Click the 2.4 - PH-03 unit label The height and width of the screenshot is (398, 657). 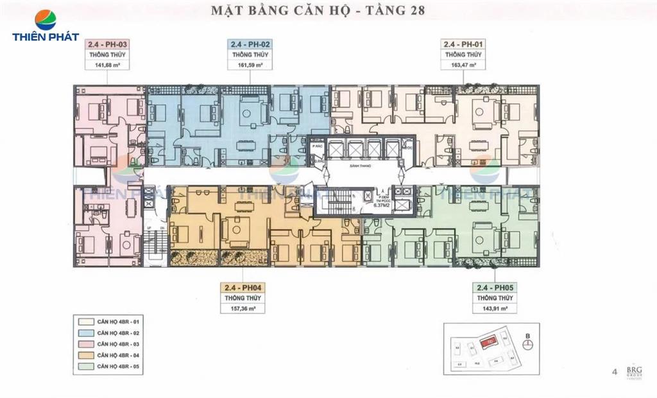(107, 44)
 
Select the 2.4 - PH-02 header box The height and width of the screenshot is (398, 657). (250, 44)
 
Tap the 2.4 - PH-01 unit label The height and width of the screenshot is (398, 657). (463, 44)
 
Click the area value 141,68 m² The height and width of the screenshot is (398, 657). (107, 64)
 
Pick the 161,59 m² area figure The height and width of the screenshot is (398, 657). (250, 64)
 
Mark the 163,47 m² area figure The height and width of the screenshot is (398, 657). (463, 64)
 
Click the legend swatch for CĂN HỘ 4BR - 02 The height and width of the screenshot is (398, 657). (84, 334)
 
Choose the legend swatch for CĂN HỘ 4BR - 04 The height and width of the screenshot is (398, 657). (84, 356)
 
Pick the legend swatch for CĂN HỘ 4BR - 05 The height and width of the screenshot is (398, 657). (84, 367)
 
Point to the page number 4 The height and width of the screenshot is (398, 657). (615, 371)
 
